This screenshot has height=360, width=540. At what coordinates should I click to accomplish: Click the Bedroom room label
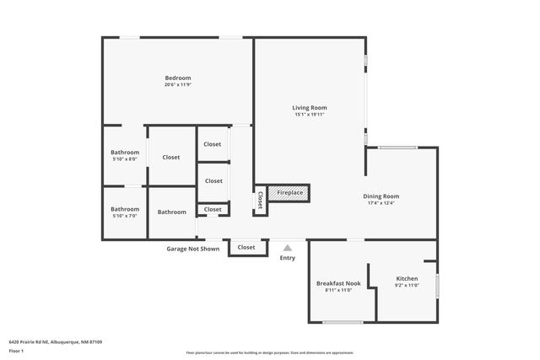[177, 78]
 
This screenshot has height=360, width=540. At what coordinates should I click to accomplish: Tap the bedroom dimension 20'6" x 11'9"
[177, 85]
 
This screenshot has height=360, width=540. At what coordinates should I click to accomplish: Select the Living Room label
[310, 108]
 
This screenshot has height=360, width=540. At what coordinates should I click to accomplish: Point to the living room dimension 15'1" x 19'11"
[310, 115]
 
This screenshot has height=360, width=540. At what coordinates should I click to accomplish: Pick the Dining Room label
[381, 196]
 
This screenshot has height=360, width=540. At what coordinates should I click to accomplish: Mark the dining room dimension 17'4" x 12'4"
[381, 203]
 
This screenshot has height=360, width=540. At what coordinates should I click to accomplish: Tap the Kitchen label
[407, 278]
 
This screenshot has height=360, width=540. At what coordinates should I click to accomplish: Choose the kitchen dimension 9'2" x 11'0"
[407, 285]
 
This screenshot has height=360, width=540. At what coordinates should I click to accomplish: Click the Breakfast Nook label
[338, 283]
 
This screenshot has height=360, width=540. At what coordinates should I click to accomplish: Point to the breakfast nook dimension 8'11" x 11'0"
[338, 290]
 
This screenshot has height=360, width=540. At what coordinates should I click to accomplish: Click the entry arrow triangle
[288, 248]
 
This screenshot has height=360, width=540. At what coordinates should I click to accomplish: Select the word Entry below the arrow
[288, 258]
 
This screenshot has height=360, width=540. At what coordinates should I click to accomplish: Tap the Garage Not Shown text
[192, 249]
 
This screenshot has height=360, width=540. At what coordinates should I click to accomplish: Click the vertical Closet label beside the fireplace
[261, 200]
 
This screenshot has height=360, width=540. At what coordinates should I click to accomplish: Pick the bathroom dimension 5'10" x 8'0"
[125, 159]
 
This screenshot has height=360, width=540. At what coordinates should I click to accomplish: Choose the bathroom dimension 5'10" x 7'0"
[125, 216]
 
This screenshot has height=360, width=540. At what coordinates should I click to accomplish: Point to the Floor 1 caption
[16, 350]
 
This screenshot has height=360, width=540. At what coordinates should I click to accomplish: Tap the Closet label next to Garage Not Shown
[246, 248]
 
